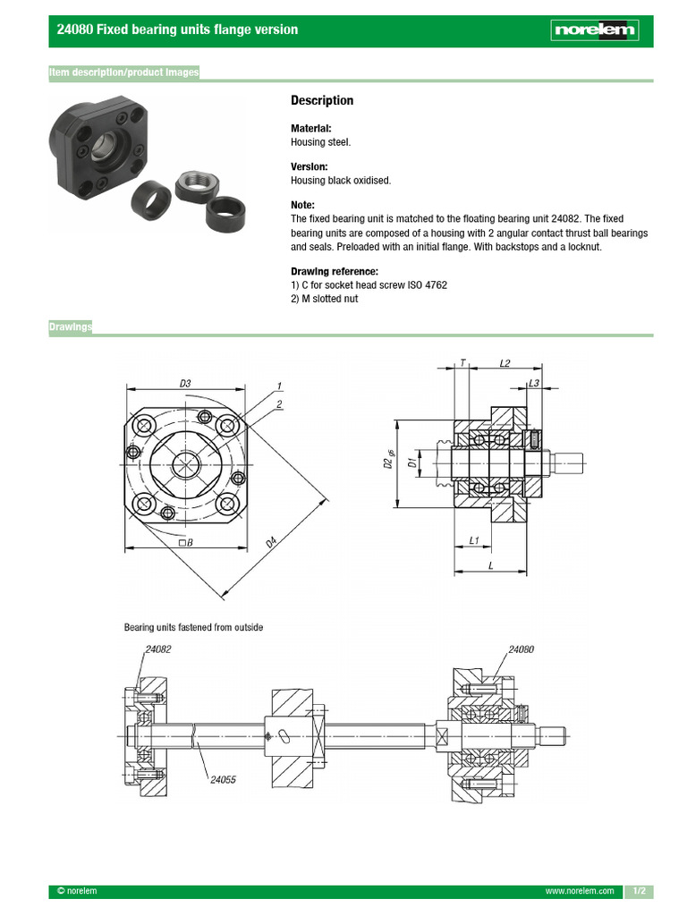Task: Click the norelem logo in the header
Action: [596, 31]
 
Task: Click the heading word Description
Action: [322, 101]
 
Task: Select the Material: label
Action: [311, 129]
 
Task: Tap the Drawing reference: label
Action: [334, 272]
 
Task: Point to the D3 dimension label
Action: [185, 384]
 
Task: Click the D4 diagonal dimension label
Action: [270, 542]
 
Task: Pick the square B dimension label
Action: [186, 542]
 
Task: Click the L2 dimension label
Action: [504, 364]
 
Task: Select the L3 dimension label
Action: [534, 383]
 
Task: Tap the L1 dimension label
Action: [475, 540]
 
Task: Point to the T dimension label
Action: [463, 364]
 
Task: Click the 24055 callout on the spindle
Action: [223, 780]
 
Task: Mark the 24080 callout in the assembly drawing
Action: [521, 649]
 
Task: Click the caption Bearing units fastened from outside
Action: [193, 628]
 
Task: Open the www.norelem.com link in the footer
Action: [580, 892]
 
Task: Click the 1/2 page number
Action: [639, 892]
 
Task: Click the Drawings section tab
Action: [71, 327]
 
